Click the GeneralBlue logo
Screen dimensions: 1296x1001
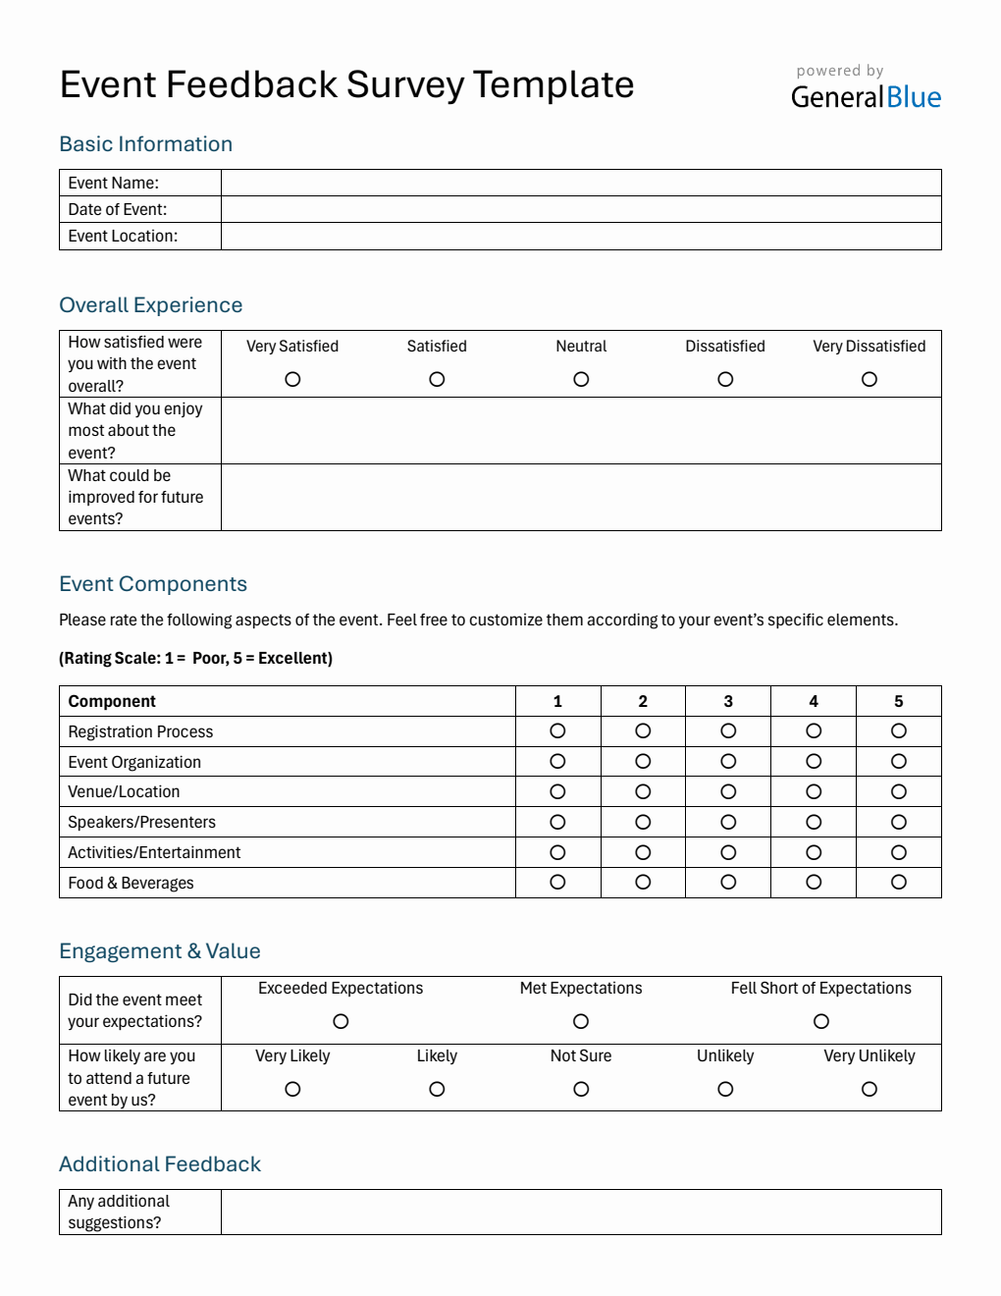point(866,96)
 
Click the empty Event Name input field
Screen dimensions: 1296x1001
point(581,183)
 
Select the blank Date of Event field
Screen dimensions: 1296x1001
point(581,209)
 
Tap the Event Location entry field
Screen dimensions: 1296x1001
point(581,237)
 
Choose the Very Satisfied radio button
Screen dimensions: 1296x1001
point(292,379)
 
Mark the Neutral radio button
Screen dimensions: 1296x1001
point(581,379)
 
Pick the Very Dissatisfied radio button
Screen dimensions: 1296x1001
point(869,379)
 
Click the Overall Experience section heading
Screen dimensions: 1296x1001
point(151,305)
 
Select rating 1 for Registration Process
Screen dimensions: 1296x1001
point(557,730)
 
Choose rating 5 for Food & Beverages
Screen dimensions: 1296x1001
point(899,882)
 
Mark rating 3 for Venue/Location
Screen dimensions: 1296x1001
point(728,791)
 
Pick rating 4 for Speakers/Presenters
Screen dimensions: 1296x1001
point(814,822)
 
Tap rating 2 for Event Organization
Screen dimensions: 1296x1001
point(643,761)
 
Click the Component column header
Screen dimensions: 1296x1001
point(112,701)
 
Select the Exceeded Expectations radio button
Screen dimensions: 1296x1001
point(341,1021)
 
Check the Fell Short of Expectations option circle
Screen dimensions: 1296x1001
point(821,1021)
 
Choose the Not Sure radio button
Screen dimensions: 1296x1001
point(581,1089)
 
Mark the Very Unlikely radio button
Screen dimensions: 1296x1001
point(869,1089)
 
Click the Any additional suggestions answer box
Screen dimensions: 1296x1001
point(581,1212)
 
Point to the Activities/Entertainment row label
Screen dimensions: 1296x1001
point(154,852)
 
